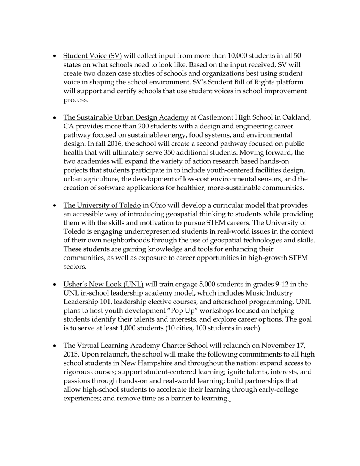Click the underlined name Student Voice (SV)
(x=92, y=56)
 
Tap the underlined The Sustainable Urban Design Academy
(x=126, y=117)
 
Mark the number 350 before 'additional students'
(x=171, y=153)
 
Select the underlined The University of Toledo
(x=102, y=205)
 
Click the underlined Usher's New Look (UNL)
(x=103, y=285)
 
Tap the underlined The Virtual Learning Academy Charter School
(x=136, y=346)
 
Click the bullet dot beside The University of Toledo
(x=55, y=206)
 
